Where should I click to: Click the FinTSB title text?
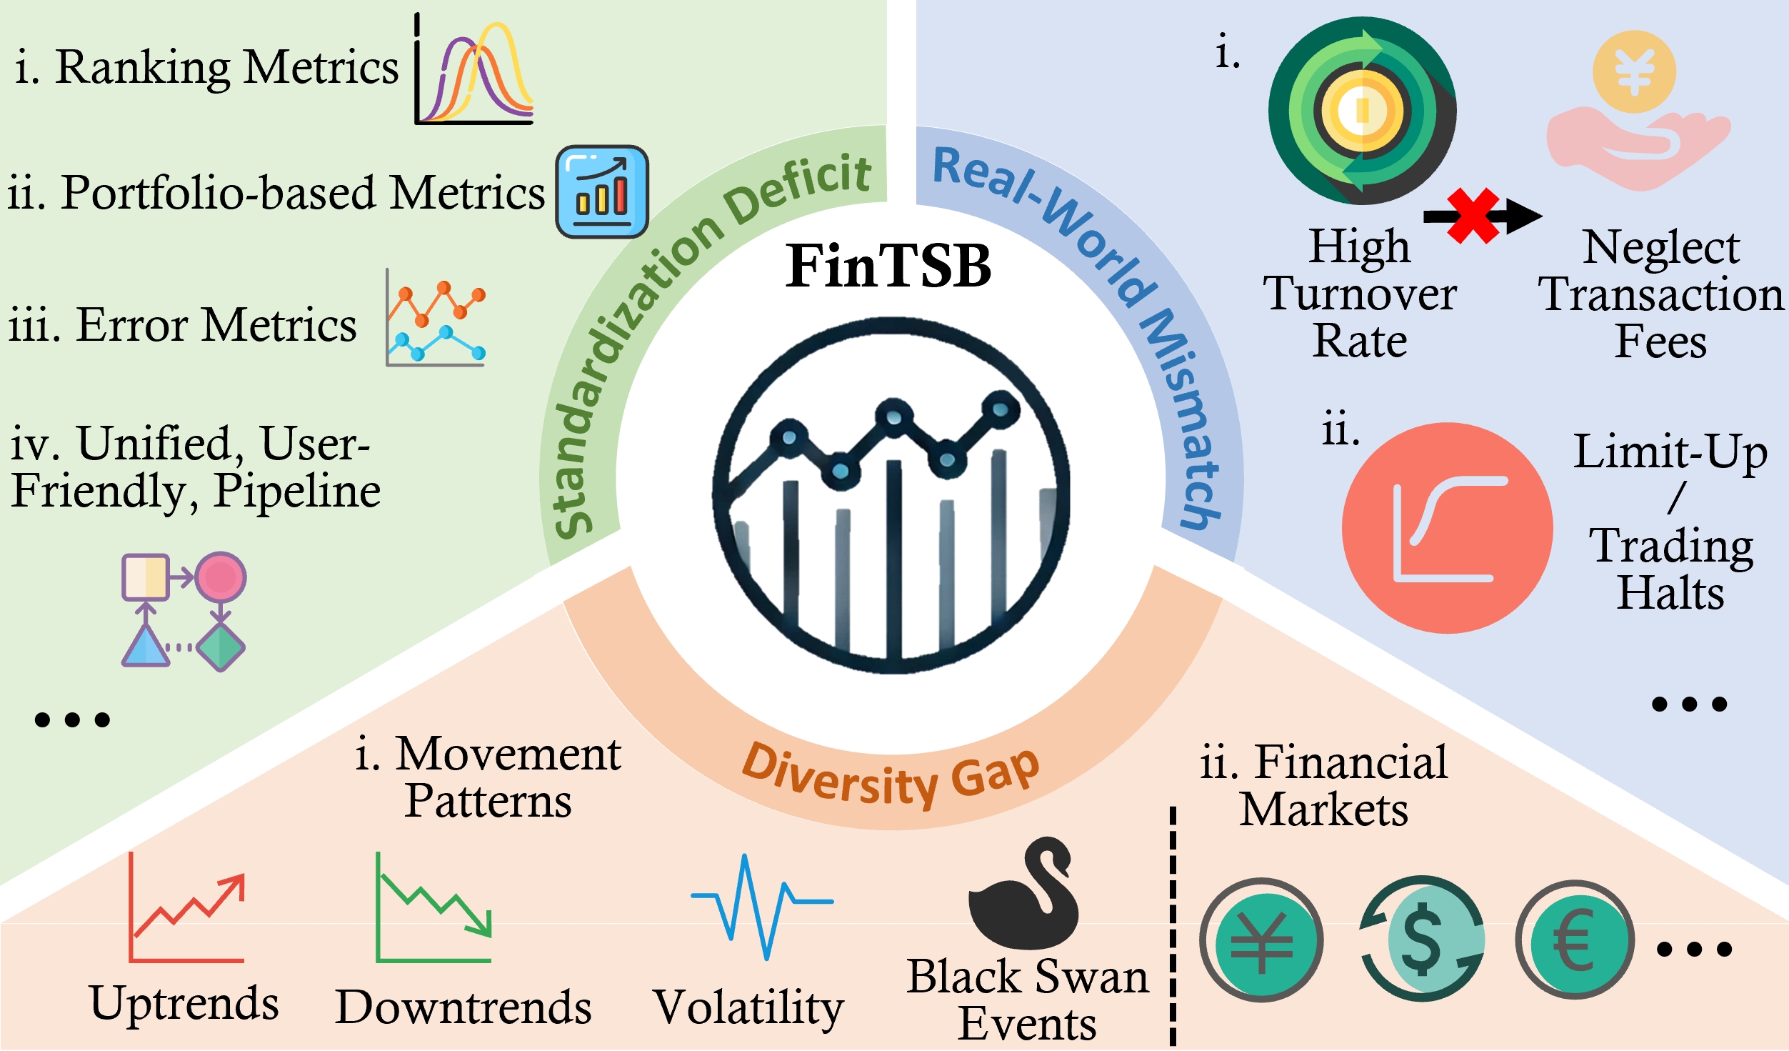point(888,266)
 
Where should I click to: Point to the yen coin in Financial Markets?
point(1261,940)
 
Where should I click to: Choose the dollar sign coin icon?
point(1422,939)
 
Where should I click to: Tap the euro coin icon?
point(1575,940)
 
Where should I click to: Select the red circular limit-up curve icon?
point(1447,528)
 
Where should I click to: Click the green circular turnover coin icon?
point(1362,111)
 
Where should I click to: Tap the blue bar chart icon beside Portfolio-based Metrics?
point(602,191)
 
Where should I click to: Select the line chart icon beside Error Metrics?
point(436,318)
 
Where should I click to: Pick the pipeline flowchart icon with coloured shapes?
point(184,611)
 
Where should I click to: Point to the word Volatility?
point(748,1007)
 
